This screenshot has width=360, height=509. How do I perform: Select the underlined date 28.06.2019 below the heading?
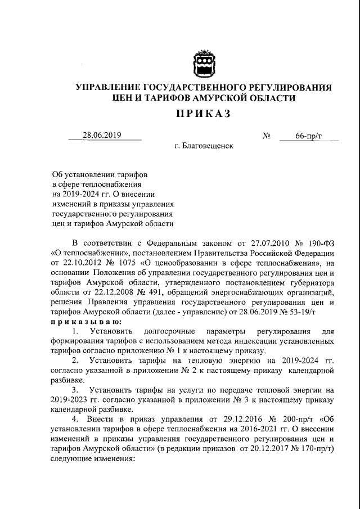[x=102, y=136]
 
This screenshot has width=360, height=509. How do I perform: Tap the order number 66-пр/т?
[x=308, y=136]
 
